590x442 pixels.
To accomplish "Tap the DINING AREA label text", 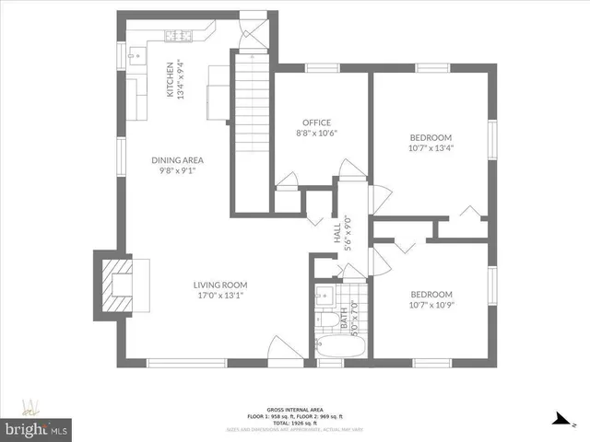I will tap(177, 160).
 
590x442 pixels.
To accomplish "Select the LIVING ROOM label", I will tap(221, 285).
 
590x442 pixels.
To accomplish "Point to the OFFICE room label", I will tap(317, 122).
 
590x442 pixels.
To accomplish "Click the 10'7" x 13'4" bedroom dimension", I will tap(431, 146).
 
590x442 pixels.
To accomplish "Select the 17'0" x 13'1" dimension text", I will tap(221, 296).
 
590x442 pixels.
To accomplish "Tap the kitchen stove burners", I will tap(178, 37).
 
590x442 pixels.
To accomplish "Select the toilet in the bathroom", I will tap(324, 321).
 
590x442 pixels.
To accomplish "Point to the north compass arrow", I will tap(558, 419).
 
